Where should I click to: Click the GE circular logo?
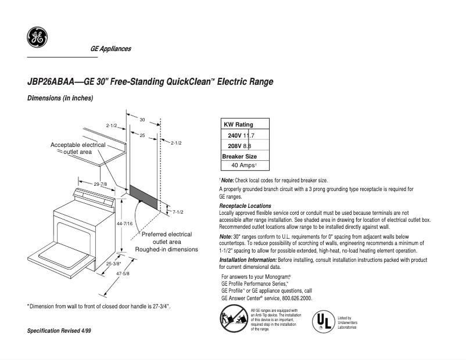(37, 38)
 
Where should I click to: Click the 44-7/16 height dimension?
(124, 223)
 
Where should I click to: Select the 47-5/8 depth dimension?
(121, 273)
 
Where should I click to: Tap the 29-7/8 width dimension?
(100, 184)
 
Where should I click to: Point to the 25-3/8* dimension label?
(114, 263)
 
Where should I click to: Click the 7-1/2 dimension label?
(178, 212)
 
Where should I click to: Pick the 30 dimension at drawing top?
(142, 119)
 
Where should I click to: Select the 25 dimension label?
(142, 135)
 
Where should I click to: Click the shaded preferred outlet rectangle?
(143, 197)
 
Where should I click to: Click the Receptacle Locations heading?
(245, 206)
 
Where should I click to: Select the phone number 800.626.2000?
(293, 298)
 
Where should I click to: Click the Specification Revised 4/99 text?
(59, 330)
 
